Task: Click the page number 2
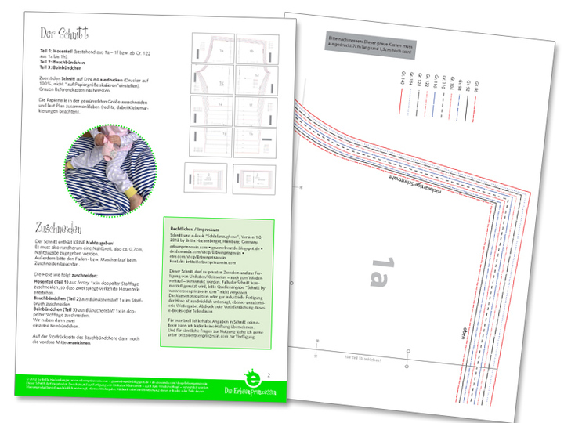[270, 375]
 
